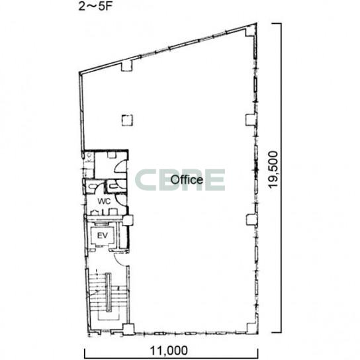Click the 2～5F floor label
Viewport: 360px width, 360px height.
95,7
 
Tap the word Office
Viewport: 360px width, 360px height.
187,179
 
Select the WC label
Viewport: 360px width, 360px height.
104,201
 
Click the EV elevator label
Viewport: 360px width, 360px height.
103,236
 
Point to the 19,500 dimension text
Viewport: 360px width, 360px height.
274,169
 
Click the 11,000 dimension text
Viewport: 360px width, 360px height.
169,351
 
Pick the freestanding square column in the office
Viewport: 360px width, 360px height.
127,120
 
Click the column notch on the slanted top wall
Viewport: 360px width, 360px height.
127,66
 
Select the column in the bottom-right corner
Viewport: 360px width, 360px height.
251,328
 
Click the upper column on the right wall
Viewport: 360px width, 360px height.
251,120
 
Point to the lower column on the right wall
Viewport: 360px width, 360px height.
251,220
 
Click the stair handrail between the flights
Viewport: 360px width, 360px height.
108,292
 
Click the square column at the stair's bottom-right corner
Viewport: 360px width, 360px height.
128,329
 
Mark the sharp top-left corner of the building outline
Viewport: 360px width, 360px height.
79,73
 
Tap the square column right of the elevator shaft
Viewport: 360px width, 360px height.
128,220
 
